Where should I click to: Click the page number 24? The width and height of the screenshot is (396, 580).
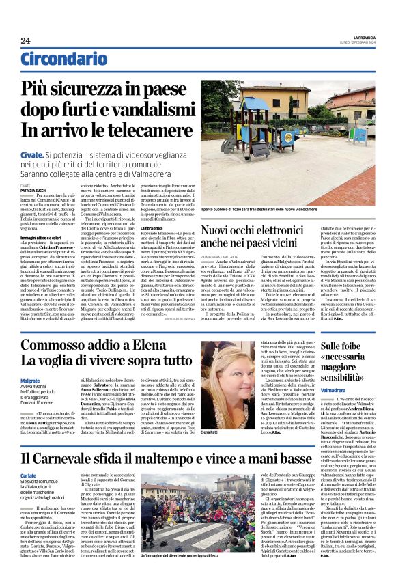tap(25, 40)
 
